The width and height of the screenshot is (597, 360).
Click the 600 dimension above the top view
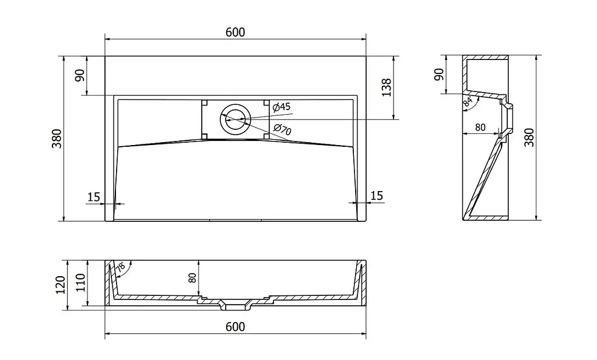(236, 33)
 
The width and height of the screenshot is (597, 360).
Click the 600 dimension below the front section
(236, 327)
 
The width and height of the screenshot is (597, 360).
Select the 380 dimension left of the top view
(57, 139)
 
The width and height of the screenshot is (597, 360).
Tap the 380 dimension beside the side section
(529, 137)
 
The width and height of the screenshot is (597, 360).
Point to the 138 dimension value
(386, 87)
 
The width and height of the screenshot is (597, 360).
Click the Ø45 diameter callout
(282, 107)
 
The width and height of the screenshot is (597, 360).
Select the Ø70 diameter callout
(282, 129)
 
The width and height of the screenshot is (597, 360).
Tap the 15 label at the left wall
(94, 197)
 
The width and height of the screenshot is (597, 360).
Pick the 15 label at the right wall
(377, 196)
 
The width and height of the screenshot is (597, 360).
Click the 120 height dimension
(61, 285)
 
